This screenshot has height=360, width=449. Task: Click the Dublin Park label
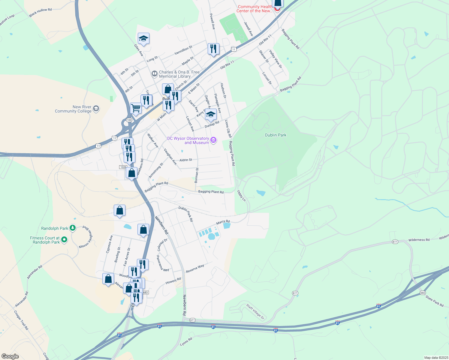(276, 135)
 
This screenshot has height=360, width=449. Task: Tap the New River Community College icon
(96, 109)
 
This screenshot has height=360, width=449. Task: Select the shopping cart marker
(136, 108)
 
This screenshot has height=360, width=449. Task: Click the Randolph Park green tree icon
(73, 228)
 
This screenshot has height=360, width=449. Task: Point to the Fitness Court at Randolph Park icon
(64, 240)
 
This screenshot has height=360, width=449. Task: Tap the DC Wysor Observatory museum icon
(213, 140)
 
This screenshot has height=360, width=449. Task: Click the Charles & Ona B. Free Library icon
(154, 73)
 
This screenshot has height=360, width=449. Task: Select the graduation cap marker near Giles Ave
(143, 39)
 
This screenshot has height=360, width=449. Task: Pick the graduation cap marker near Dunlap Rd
(211, 115)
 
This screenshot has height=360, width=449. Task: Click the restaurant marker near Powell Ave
(213, 49)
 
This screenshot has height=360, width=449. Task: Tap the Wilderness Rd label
(419, 240)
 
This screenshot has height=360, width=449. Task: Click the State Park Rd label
(434, 301)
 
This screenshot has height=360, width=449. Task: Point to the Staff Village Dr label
(255, 311)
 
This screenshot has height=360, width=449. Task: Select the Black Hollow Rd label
(41, 12)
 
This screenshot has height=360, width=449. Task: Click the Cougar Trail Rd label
(21, 320)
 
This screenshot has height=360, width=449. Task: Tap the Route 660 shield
(423, 293)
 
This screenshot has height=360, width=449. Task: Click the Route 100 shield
(129, 120)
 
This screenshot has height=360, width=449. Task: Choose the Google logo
(10, 356)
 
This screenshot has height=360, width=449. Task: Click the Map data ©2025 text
(435, 358)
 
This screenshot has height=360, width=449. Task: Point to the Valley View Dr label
(276, 59)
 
